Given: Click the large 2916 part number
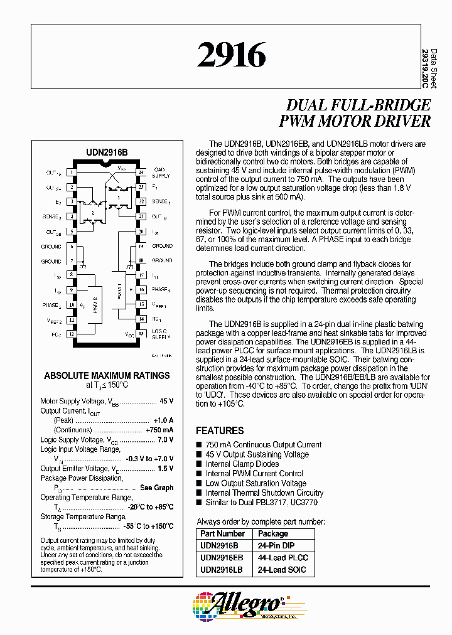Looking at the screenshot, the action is [x=232, y=55].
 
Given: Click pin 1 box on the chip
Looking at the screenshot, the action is [x=72, y=172].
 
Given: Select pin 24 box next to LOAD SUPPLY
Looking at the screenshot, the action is [x=141, y=172].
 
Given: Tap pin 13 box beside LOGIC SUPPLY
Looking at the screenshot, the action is [x=141, y=334].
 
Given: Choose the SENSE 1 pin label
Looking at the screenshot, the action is [x=161, y=201].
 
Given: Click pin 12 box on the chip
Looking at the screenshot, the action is [x=72, y=334].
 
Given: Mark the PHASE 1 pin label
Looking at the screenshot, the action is [x=161, y=290].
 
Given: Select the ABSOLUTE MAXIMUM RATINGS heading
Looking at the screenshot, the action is [x=107, y=375].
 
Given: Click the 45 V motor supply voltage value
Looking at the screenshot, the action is [x=166, y=401].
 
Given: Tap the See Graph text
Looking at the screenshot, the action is [x=157, y=488].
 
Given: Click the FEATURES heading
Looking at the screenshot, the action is [x=220, y=430].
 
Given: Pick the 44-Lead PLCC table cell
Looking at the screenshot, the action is [x=282, y=557].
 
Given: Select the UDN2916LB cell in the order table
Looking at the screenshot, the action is [x=221, y=570].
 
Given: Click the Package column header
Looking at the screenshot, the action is [x=273, y=534].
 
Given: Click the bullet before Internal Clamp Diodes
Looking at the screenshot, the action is [x=200, y=464].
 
